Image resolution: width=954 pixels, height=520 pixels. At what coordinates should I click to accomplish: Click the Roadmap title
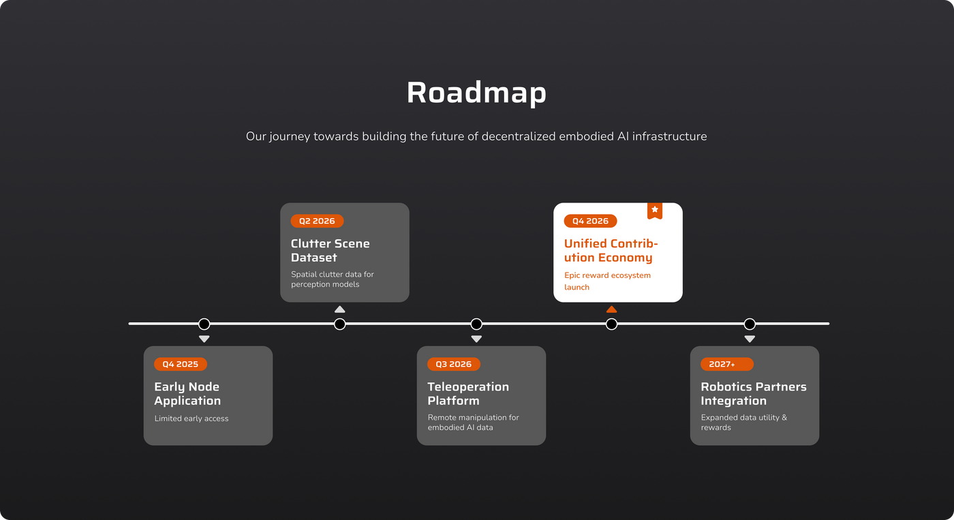pos(476,93)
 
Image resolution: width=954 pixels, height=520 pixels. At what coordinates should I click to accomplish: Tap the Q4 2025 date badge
pos(180,364)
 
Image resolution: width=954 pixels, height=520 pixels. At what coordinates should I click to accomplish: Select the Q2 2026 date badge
pos(317,221)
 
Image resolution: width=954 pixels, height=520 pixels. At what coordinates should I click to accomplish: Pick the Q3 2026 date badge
pos(454,364)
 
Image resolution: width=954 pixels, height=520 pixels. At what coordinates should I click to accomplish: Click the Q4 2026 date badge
pos(590,221)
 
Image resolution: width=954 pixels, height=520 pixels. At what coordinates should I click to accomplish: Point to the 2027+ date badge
pos(726,364)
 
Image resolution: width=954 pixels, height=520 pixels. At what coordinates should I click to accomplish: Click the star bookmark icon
pos(655,211)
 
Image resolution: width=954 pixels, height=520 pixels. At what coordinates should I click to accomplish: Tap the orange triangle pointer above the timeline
pos(611,309)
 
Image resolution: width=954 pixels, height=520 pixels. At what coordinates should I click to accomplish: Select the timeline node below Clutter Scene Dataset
pos(340,324)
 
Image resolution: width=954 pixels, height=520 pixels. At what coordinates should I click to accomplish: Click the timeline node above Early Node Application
pos(204,324)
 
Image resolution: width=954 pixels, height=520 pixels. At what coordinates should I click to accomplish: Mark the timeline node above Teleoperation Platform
pos(476,324)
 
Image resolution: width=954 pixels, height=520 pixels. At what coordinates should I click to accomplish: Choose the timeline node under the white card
pos(612,324)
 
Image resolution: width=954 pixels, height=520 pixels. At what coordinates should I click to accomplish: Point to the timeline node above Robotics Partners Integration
pos(750,324)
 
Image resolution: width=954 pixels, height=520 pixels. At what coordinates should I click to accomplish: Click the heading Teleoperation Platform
pos(468,394)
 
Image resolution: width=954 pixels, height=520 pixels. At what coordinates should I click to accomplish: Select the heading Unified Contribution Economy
pos(611,251)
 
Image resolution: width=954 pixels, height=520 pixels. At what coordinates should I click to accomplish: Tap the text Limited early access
pos(191,418)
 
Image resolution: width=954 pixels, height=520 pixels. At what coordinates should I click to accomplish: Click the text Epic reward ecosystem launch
pos(607,281)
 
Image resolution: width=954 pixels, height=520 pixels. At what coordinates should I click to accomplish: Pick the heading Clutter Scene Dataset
pos(330,251)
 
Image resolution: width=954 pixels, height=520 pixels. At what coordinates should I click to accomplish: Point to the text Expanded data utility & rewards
pos(743,423)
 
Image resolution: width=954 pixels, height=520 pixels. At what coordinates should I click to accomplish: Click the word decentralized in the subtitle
pos(519,136)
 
